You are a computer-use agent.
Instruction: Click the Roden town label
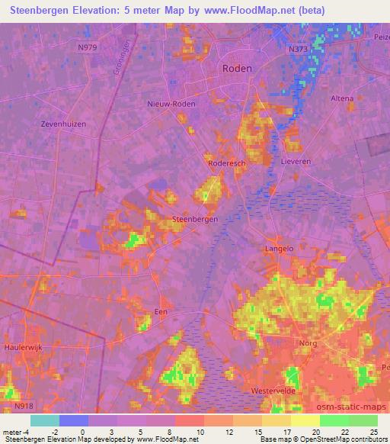[x=236, y=68]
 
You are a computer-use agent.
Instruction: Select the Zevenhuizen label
[x=65, y=124]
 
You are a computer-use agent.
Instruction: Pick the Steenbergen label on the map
[x=196, y=219]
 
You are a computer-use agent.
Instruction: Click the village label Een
[x=161, y=312]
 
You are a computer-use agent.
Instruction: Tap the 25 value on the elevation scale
[x=372, y=433]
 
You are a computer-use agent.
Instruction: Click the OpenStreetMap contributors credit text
[x=336, y=439]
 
